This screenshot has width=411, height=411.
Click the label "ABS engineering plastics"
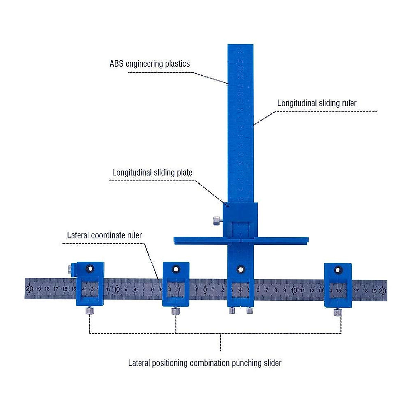click(150, 64)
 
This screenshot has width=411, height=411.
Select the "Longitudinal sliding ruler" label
click(317, 103)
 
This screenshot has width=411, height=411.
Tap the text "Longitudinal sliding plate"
click(152, 172)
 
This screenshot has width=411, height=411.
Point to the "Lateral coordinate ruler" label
click(104, 235)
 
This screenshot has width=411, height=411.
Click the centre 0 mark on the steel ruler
click(205, 290)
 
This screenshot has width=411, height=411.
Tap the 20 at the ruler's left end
click(30, 289)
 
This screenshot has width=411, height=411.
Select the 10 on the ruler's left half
click(117, 289)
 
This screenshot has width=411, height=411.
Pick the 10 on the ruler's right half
click(294, 290)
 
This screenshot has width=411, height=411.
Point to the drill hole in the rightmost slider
click(338, 271)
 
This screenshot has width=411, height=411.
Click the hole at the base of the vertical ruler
click(241, 269)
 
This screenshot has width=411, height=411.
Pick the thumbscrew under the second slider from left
click(176, 311)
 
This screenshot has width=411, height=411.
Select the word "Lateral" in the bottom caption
click(139, 363)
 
